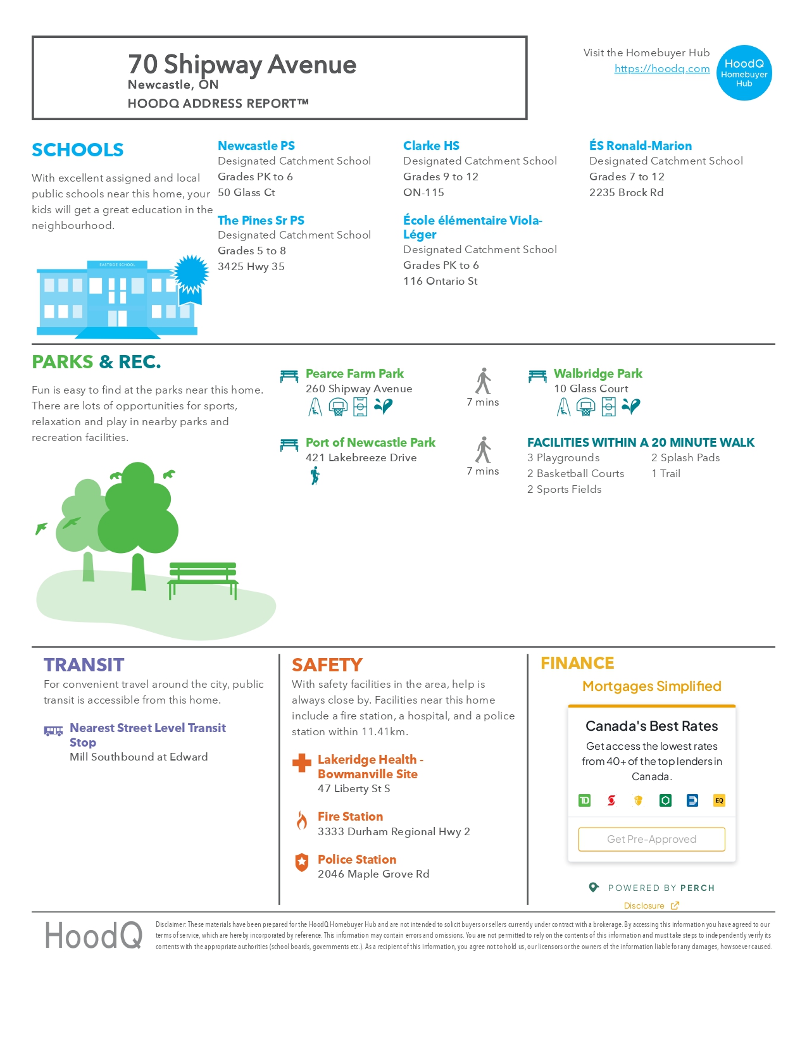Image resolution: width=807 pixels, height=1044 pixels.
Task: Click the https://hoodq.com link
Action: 661,68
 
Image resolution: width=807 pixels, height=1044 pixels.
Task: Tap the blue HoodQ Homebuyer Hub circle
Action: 744,73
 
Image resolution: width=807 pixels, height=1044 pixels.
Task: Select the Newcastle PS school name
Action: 256,146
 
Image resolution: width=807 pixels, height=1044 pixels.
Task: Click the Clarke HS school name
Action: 431,146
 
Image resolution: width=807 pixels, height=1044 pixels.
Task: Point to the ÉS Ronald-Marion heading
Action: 640,146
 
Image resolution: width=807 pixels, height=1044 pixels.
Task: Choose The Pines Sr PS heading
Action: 261,220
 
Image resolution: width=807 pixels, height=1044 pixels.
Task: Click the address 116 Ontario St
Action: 440,281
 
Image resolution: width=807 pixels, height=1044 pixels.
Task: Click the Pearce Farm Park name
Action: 354,373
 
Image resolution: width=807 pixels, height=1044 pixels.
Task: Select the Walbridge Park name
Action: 597,373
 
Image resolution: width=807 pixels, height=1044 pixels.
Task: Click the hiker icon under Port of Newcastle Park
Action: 315,475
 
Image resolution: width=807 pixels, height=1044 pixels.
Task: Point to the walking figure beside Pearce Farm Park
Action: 484,381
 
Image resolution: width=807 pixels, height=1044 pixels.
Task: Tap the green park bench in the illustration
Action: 203,579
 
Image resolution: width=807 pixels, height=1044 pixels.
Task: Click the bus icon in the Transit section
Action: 53,731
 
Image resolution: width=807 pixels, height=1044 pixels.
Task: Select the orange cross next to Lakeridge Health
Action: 302,763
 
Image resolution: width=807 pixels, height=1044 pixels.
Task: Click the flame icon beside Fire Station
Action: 302,821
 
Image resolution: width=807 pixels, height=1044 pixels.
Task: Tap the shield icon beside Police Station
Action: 302,862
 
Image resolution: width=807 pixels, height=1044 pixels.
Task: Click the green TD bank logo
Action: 584,800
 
